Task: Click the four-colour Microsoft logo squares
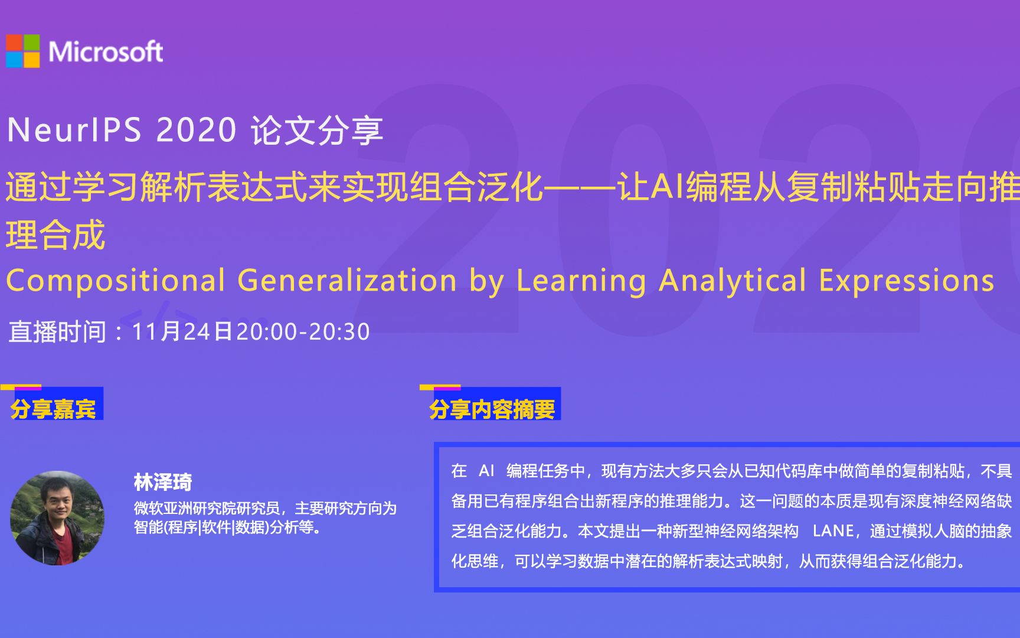coord(23,51)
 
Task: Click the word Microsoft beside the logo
coord(106,52)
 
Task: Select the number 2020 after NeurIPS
coord(197,130)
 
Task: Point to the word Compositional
coord(116,281)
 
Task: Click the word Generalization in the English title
coord(347,281)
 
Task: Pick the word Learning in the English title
coord(581,281)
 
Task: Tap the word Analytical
coord(733,281)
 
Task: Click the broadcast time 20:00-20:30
coord(303,331)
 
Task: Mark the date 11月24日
coord(182,331)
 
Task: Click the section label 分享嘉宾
coord(53,409)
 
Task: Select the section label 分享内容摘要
coord(492,409)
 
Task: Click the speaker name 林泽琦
coord(163,482)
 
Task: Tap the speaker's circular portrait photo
coord(57,517)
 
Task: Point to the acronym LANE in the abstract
coord(833,531)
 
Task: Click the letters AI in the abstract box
coord(486,471)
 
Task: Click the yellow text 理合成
coord(55,235)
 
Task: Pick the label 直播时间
coord(57,331)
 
